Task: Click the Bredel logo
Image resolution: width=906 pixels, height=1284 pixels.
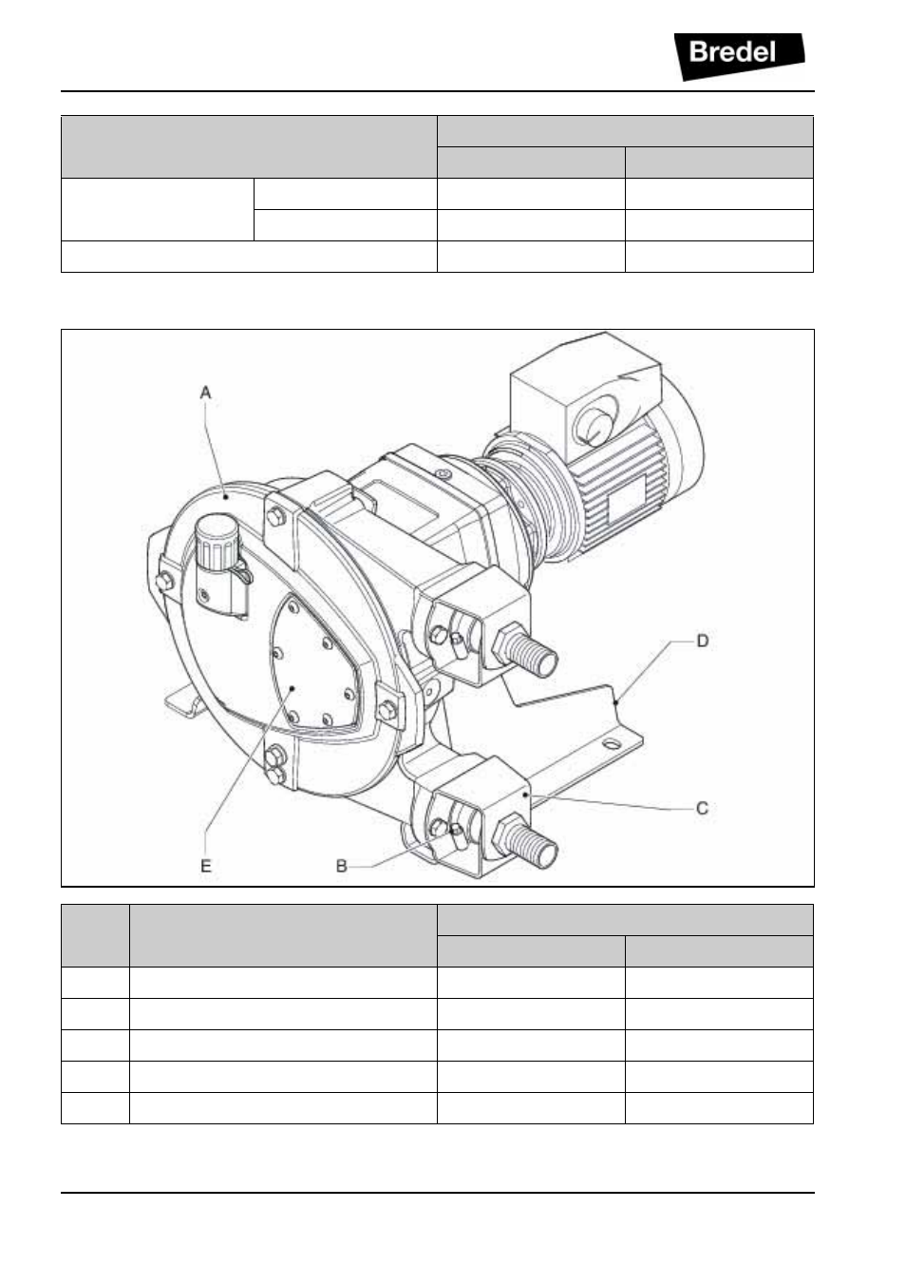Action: click(739, 56)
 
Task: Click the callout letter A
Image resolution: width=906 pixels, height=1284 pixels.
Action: click(205, 393)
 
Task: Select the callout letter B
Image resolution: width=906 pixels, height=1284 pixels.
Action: click(341, 866)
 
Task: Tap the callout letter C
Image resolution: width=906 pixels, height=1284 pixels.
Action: click(702, 808)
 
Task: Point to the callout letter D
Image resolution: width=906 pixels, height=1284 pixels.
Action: click(703, 641)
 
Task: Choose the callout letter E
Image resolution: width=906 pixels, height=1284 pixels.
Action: click(205, 866)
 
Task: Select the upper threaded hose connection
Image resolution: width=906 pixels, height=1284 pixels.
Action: click(526, 651)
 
